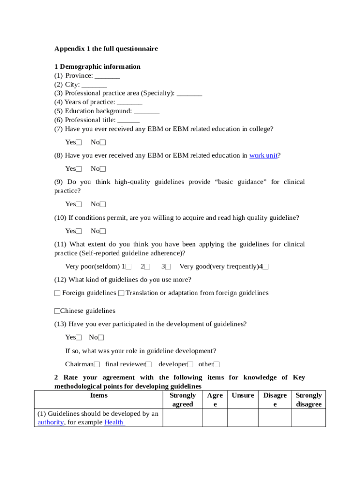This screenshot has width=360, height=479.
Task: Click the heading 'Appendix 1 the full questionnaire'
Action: pos(106,49)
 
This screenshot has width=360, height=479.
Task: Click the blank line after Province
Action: pos(108,76)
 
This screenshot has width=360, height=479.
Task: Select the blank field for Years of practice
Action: pos(130,102)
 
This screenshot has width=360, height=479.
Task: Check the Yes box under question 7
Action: pos(79,143)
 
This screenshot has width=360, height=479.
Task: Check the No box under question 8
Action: pos(103,169)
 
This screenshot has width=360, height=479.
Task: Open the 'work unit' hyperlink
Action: pos(264,155)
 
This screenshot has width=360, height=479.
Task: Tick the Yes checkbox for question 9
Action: pos(79,204)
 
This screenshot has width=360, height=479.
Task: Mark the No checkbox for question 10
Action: pos(103,232)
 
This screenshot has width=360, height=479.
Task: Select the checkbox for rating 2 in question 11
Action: pos(147,267)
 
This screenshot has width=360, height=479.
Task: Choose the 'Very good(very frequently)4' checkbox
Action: pos(266,267)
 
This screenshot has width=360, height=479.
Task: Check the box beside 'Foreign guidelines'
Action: pos(58,293)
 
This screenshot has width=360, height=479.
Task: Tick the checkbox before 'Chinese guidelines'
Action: pos(58,311)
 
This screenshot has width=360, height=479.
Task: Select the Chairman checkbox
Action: pos(97,364)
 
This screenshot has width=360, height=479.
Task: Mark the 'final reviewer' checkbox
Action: pos(149,364)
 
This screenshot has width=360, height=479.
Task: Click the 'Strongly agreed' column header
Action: pos(182,400)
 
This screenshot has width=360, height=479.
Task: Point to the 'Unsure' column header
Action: pos(243,396)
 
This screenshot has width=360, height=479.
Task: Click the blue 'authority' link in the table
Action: pos(50,422)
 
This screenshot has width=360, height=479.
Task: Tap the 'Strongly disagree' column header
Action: pos(309,400)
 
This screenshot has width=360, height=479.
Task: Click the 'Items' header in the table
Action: pos(99,396)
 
